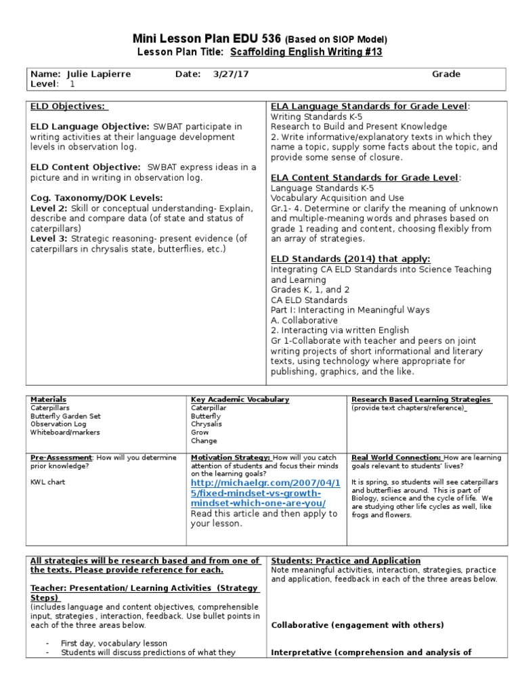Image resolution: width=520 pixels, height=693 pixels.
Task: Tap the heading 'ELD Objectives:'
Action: point(69,106)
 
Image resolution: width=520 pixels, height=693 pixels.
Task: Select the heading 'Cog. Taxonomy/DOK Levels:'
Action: point(96,198)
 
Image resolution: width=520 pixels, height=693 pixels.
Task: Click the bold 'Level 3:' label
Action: point(49,238)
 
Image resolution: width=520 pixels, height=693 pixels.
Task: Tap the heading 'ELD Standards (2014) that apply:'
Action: point(350,259)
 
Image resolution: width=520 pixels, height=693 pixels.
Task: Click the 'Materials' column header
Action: point(48,400)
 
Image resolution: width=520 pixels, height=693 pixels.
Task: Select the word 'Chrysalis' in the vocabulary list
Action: point(207,424)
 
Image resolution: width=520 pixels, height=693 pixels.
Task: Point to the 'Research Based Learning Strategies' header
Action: point(420,400)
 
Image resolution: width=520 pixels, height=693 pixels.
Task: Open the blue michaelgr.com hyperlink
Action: point(258,493)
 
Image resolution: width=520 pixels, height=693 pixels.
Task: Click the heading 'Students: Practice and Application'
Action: point(345,561)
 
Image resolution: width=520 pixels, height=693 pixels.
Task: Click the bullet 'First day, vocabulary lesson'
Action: point(114,643)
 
